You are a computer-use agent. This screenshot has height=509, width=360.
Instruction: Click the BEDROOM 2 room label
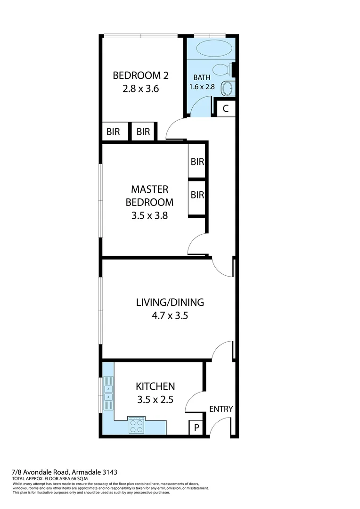[140, 75]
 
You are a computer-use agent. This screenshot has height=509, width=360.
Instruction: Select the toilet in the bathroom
[221, 70]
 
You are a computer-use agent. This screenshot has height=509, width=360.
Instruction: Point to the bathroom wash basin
[228, 88]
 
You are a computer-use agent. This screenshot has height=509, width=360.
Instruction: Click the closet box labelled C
[225, 108]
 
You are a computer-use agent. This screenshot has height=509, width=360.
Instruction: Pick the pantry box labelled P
[195, 428]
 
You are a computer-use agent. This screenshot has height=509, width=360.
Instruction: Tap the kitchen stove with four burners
[137, 426]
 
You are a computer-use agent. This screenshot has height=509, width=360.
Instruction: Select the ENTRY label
[221, 409]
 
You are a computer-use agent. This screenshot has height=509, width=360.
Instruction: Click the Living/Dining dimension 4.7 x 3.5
[169, 316]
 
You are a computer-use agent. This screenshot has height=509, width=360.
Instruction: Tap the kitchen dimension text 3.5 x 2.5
[155, 400]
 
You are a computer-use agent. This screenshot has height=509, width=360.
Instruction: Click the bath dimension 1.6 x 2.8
[202, 87]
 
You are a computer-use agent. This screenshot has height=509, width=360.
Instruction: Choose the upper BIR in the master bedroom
[197, 162]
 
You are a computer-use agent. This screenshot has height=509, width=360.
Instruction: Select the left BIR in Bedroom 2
[113, 132]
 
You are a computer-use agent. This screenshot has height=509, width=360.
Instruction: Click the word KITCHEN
[155, 386]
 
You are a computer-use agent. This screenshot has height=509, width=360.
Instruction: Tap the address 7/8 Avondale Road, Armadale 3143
[65, 472]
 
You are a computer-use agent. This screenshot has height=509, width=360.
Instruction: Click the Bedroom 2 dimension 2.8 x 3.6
[140, 88]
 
